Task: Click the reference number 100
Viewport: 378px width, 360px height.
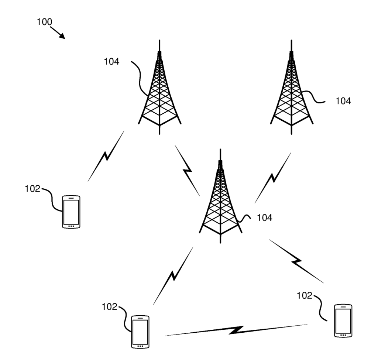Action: pos(44,22)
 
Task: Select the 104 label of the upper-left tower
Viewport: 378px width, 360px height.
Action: pos(111,62)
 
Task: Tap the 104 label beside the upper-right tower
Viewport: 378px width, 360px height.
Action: pos(343,101)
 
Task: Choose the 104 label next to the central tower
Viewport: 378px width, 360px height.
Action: pos(264,218)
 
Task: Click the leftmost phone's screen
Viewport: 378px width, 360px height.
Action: pos(71,211)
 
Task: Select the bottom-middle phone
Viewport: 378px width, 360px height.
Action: pos(140,331)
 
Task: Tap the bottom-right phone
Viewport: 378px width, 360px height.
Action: pos(343,320)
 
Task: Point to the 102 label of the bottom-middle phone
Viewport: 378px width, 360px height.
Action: pos(110,306)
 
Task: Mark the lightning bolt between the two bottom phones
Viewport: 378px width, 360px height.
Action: pos(236,330)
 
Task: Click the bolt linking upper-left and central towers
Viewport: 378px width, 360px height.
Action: pos(188,170)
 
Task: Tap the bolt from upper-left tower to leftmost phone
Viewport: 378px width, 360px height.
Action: pos(106,156)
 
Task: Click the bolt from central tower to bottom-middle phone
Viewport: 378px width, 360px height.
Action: pos(173,275)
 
